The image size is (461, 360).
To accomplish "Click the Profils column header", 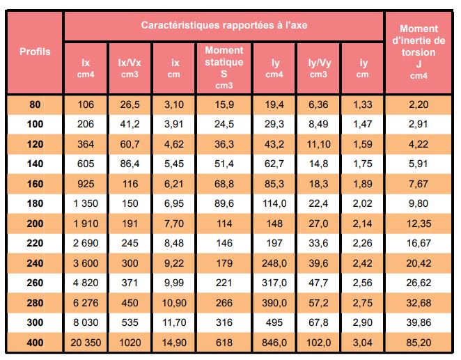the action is [x=35, y=52].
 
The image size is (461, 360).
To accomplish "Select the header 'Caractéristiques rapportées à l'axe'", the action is [x=224, y=25].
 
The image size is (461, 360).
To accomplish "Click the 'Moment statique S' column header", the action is [x=224, y=68].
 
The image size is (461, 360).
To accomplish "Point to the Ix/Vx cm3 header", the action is [x=130, y=68].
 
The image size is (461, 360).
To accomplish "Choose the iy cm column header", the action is [x=363, y=68].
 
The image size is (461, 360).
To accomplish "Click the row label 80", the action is [x=35, y=104].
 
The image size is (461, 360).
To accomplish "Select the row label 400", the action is [x=35, y=343].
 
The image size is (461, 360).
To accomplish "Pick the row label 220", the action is [x=35, y=243].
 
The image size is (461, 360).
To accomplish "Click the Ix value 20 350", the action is [x=86, y=343].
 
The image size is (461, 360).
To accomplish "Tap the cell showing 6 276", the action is [x=86, y=303].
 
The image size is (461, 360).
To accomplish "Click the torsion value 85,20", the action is [x=419, y=343].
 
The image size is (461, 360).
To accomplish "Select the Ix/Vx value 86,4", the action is [x=130, y=164].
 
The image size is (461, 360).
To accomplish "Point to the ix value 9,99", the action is [x=174, y=283].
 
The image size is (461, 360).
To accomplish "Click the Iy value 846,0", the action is [x=274, y=343].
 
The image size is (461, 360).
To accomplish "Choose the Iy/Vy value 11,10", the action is [x=319, y=144].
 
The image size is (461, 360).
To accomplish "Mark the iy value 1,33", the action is [x=363, y=104].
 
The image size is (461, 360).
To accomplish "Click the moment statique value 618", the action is [x=224, y=343].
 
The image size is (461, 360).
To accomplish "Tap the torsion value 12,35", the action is [x=419, y=224].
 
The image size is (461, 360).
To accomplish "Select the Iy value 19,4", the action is [x=274, y=104].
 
